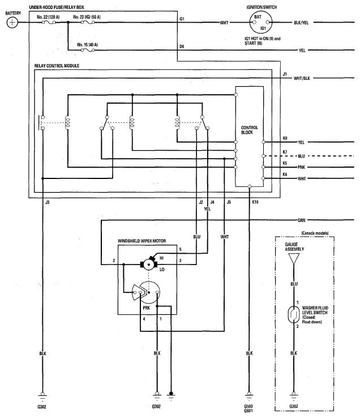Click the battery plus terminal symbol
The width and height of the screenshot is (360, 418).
[12, 23]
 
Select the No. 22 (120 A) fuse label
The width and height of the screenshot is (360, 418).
[48, 17]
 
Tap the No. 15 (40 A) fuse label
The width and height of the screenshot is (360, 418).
[87, 45]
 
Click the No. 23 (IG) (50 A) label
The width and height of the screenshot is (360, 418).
[87, 17]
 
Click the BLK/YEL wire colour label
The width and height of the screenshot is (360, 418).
[301, 23]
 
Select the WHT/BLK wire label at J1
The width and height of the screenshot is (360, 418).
[302, 78]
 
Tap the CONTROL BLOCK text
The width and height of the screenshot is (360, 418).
[249, 130]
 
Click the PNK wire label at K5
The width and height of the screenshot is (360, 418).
[301, 167]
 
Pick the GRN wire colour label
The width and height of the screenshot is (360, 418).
[301, 220]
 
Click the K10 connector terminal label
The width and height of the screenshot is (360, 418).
[255, 202]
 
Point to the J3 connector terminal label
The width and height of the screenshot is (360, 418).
[47, 202]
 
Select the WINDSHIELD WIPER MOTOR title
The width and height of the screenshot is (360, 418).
[142, 241]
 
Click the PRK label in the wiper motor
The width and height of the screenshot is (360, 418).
[146, 308]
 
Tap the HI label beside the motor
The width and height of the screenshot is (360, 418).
[161, 258]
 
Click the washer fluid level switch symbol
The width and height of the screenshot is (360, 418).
[294, 314]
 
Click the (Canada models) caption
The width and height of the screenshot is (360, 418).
[315, 233]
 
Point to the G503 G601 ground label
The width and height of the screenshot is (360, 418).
[248, 408]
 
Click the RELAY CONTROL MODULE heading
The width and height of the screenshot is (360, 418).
[57, 66]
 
